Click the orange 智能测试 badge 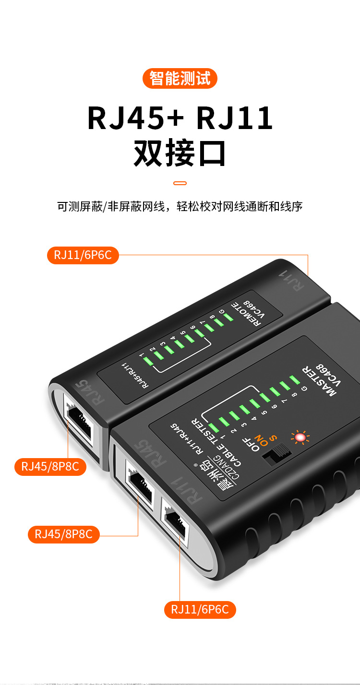(180, 79)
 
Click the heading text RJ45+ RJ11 (180, 118)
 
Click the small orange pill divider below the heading (180, 183)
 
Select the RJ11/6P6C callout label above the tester (83, 255)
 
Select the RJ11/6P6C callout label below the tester (200, 610)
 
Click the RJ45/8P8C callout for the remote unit (50, 466)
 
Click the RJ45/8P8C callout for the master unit (64, 534)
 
